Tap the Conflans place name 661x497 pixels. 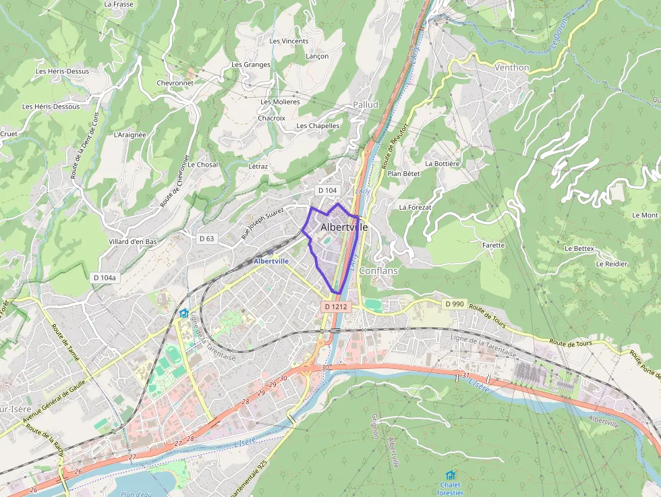(378, 270)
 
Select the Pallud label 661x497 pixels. (366, 105)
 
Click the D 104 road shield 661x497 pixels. (326, 190)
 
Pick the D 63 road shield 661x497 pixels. (206, 239)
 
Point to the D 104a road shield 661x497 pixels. (105, 277)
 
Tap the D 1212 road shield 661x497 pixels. (335, 307)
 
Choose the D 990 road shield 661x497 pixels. (455, 304)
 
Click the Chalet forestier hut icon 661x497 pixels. (450, 475)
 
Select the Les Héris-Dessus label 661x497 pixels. (62, 71)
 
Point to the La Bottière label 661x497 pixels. (442, 164)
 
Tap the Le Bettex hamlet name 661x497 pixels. (579, 249)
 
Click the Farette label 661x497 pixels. (493, 245)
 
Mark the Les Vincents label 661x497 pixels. (289, 41)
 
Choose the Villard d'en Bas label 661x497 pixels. (132, 241)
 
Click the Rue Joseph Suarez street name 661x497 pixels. (263, 224)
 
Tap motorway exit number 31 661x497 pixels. (465, 375)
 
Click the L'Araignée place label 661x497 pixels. (130, 134)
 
